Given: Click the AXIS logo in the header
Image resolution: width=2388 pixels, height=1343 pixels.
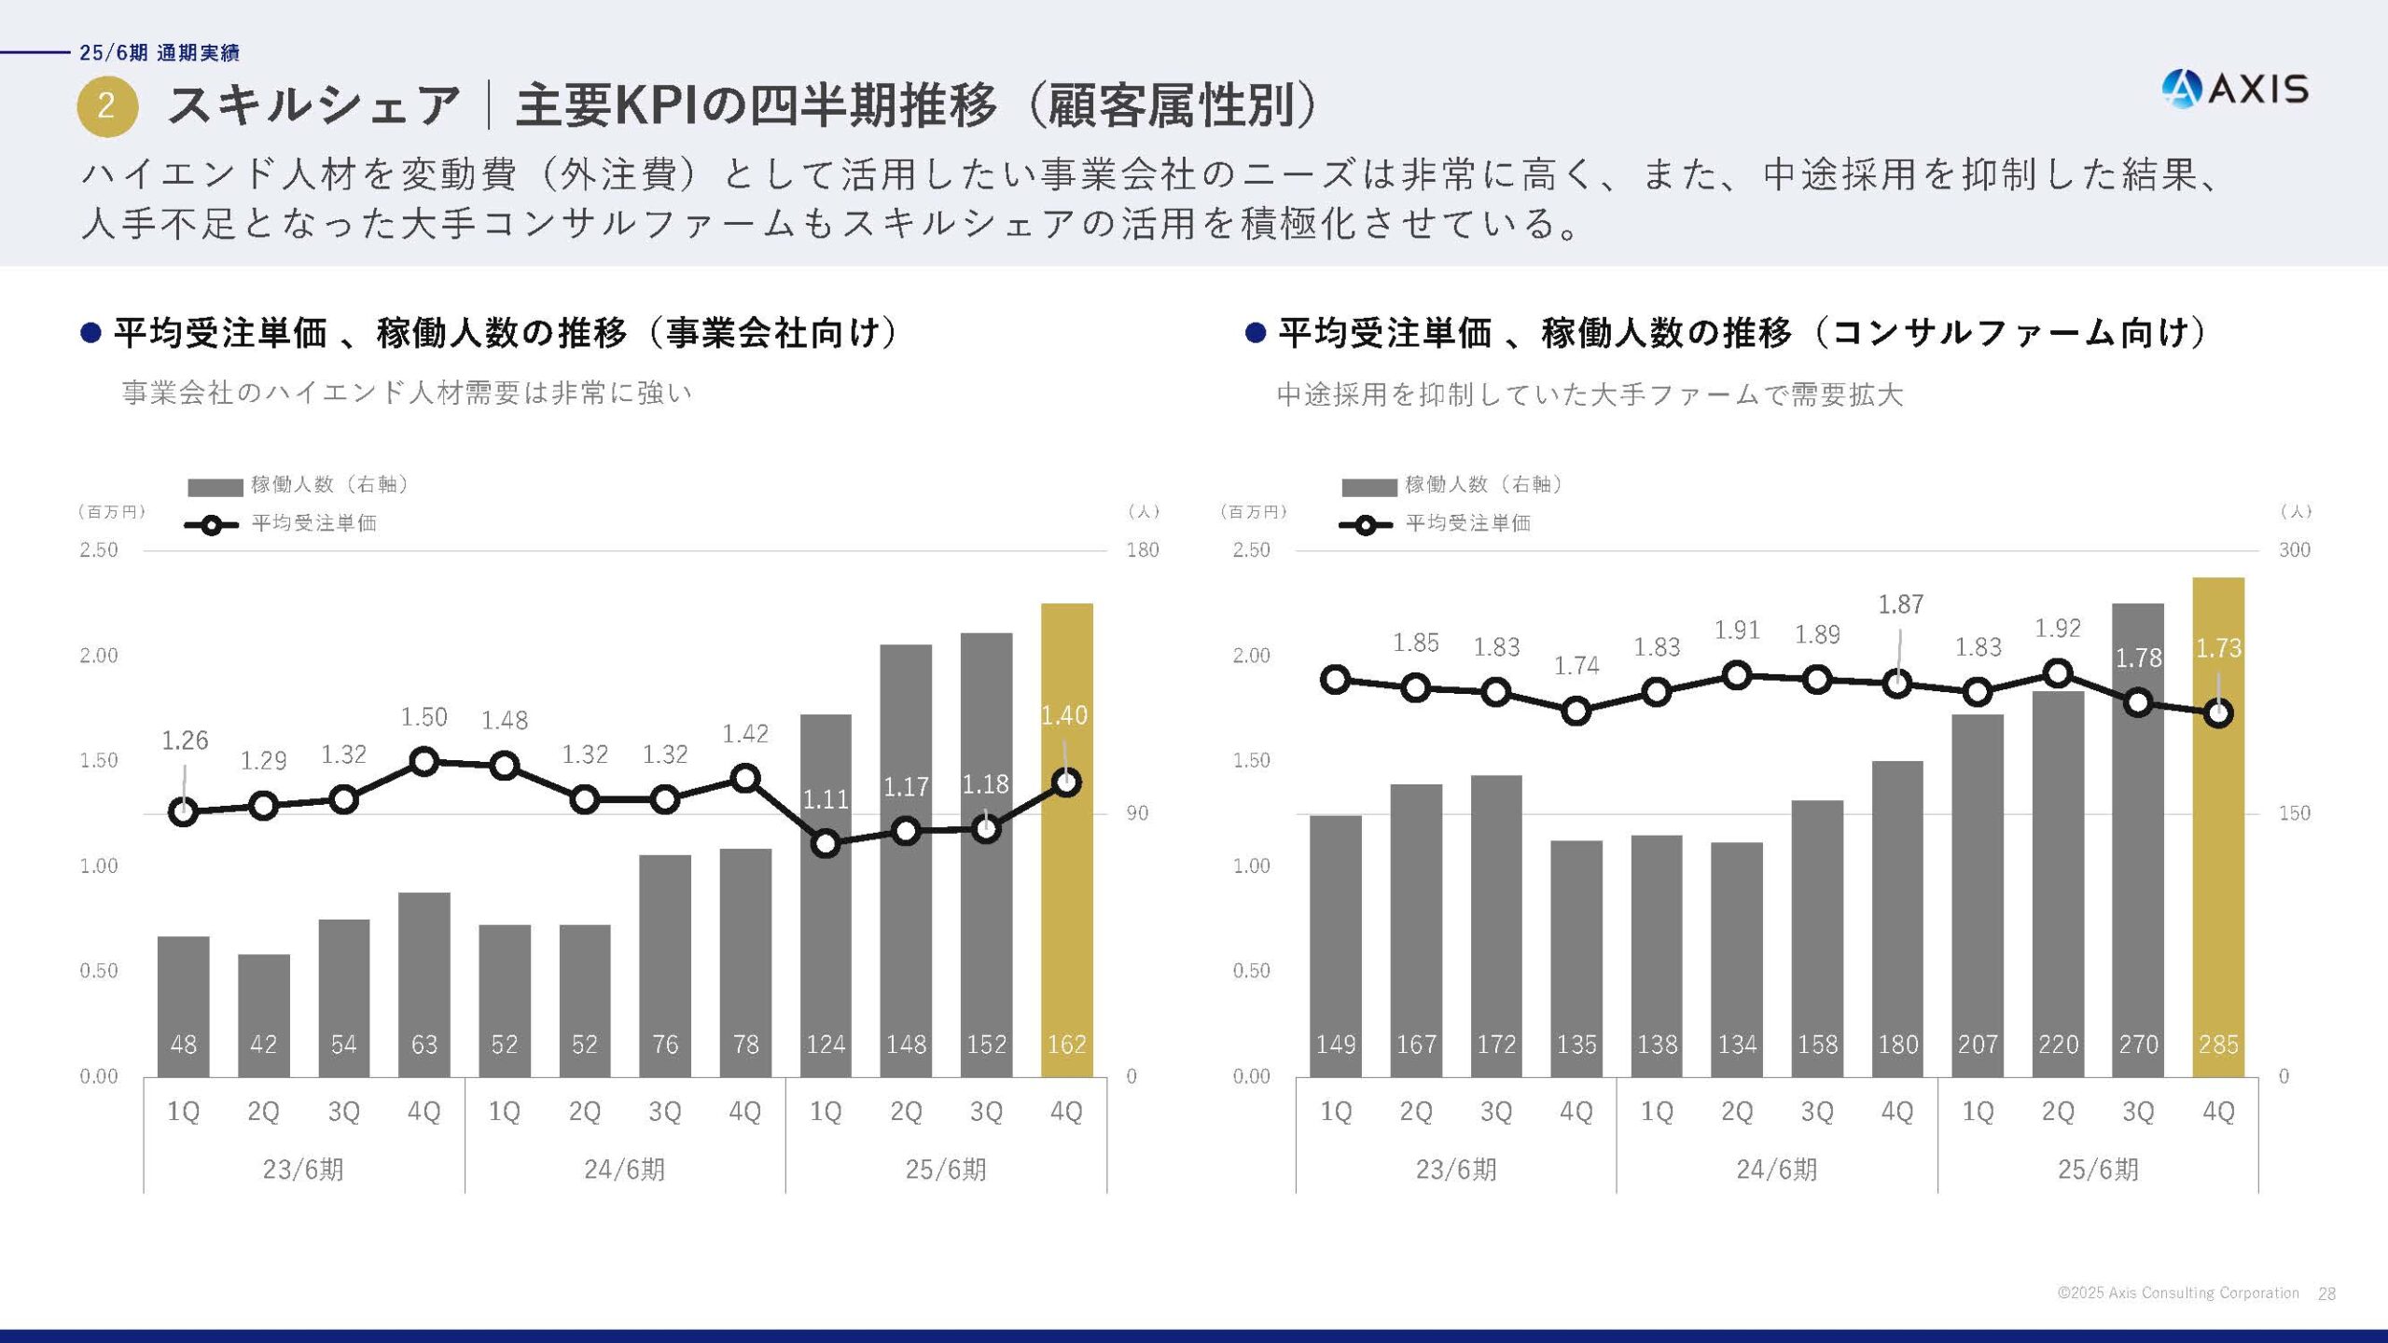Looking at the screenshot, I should coord(2235,90).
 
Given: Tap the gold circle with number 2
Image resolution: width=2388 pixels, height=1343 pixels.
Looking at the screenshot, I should coord(107,105).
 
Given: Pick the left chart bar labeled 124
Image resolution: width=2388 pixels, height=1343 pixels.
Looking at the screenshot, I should coord(826,933).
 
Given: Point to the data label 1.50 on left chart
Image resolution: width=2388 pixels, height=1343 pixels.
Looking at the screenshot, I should coord(424,717).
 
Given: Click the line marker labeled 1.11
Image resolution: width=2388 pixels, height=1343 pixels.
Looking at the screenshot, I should coord(826,844).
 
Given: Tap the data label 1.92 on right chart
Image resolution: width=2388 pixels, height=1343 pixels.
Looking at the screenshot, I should coord(2058,629).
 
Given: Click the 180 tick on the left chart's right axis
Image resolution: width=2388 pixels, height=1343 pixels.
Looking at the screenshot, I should coord(1143,550).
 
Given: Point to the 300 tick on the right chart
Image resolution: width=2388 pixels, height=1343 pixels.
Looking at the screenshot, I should coord(2295,550).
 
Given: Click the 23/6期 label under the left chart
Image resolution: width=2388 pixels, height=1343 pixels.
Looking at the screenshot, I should coord(303,1170).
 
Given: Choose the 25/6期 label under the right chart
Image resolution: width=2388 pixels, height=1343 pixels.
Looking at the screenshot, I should coord(2098,1170).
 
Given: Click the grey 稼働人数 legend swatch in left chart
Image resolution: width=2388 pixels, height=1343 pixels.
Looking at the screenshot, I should coord(215,488).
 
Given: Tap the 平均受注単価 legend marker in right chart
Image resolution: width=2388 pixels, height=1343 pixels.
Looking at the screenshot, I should coord(1365,525).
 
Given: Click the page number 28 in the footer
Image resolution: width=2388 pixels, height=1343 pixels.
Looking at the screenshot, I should coord(2326,1294).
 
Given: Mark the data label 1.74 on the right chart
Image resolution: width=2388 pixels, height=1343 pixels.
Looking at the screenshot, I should coord(1576,666).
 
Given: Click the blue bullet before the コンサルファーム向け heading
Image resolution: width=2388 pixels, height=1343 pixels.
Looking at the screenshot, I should coord(1255,333).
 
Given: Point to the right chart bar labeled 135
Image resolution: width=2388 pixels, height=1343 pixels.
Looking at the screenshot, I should coord(1576,961).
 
